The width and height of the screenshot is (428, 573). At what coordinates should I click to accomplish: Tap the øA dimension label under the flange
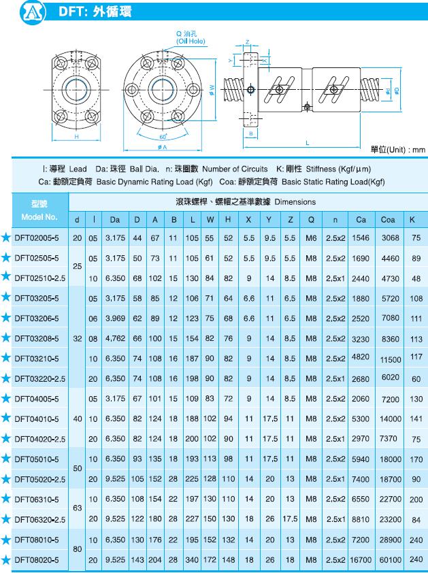click(162, 148)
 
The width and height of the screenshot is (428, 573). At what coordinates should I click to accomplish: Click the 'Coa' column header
click(388, 219)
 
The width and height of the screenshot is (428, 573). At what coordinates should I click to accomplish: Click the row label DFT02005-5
click(37, 238)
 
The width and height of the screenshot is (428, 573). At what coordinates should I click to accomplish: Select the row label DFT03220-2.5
click(39, 378)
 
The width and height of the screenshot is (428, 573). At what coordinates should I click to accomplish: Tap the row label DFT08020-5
click(37, 559)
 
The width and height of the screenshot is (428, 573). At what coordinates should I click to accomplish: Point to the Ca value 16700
click(360, 559)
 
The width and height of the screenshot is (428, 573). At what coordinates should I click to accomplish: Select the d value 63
click(77, 509)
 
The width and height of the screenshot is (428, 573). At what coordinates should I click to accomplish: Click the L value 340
click(193, 559)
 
